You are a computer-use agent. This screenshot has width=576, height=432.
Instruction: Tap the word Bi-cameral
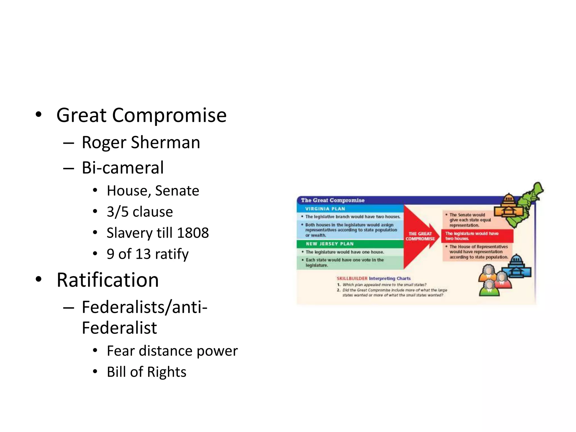point(123,168)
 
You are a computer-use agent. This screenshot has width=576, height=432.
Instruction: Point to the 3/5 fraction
point(118,212)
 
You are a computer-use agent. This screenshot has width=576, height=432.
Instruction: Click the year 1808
point(193,233)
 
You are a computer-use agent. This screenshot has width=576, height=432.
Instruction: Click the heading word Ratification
point(108,280)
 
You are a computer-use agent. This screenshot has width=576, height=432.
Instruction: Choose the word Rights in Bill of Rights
point(166,372)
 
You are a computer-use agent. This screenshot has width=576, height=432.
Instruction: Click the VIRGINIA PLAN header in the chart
point(325,209)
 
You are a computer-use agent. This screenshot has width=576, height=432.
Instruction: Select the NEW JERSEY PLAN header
point(329,244)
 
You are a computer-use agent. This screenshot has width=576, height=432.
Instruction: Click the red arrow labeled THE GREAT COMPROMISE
point(420,236)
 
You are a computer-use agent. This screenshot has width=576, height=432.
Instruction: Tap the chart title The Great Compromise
point(332,200)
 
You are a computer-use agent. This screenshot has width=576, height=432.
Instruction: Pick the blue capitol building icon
point(517,267)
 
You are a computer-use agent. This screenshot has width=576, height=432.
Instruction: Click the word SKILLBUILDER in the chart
point(352,278)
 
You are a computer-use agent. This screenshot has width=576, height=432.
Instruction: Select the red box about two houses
point(477,236)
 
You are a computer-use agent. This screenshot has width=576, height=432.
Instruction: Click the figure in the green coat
point(489,290)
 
